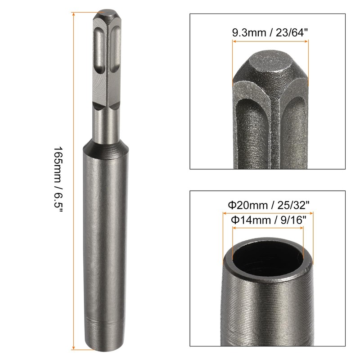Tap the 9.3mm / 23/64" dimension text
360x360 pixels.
[x=270, y=33]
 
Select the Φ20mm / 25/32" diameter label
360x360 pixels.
[x=269, y=206]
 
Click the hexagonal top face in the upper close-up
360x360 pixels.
[x=270, y=63]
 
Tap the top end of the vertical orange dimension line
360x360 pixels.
[x=73, y=13]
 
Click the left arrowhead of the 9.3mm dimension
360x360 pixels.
[x=234, y=42]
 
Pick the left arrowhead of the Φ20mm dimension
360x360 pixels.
[x=224, y=213]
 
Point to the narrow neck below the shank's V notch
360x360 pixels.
[x=106, y=121]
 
